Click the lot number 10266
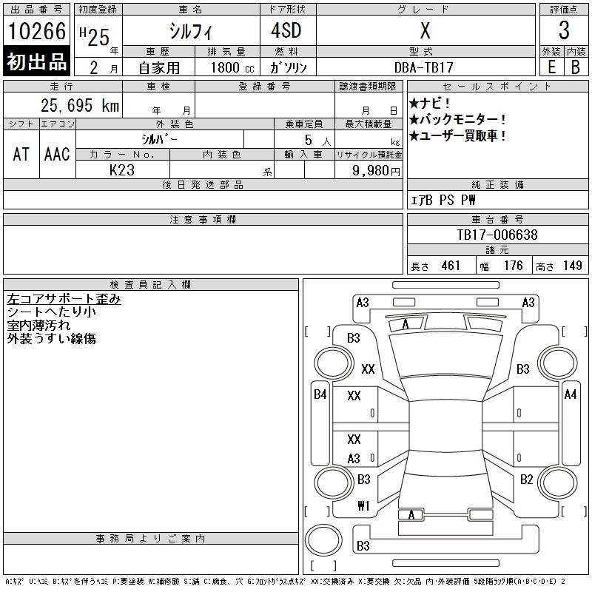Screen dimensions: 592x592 [37, 31]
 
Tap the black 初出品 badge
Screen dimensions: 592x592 [37, 63]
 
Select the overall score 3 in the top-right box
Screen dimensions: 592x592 [564, 31]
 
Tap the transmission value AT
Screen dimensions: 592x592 [21, 154]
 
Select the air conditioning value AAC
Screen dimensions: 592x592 [57, 154]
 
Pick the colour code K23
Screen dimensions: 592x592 [122, 170]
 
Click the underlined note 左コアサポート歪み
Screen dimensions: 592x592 [64, 300]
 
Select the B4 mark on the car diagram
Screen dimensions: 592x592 [320, 395]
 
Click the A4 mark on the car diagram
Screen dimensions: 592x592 [570, 395]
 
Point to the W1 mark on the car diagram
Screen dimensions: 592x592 [363, 506]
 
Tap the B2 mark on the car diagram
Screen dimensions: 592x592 [526, 480]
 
